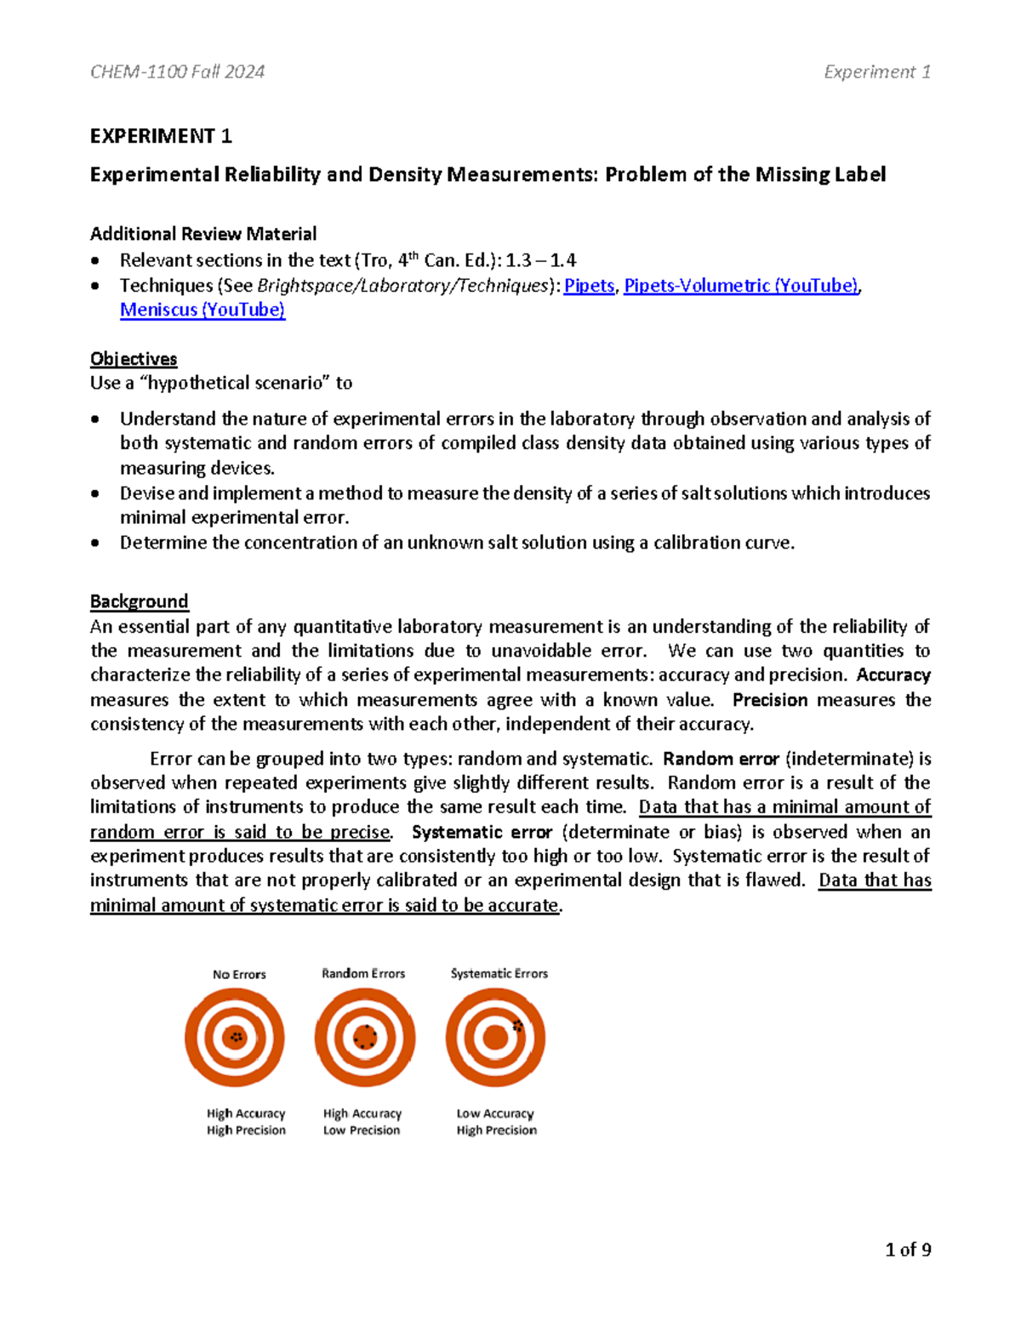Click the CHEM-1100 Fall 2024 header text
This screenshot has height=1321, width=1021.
pos(177,71)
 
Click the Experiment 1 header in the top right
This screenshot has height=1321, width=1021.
pos(876,71)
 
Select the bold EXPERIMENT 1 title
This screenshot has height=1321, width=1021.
pos(161,136)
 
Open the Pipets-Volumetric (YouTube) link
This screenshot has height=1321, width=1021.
pos(741,286)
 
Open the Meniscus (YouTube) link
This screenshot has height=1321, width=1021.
pos(202,310)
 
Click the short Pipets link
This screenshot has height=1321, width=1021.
pos(589,286)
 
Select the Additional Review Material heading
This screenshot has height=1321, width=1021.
pos(203,234)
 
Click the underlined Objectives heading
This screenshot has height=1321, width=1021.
pos(134,359)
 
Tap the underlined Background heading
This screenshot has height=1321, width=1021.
pos(139,601)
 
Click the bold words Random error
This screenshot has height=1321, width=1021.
pos(721,759)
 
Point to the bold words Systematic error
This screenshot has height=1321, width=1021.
pos(482,832)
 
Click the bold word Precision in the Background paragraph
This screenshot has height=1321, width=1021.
pos(770,700)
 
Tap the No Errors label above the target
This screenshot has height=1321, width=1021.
pos(239,974)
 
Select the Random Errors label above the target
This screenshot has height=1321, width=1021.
pos(363,973)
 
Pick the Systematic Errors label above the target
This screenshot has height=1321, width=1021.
pos(499,973)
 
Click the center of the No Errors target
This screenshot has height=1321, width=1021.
pos(235,1037)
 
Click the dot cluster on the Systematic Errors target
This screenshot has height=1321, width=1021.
pos(517,1027)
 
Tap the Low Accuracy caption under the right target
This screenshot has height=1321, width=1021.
pos(495,1113)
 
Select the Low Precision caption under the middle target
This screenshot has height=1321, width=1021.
pos(362,1130)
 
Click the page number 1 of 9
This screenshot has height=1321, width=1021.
pos(908,1250)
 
